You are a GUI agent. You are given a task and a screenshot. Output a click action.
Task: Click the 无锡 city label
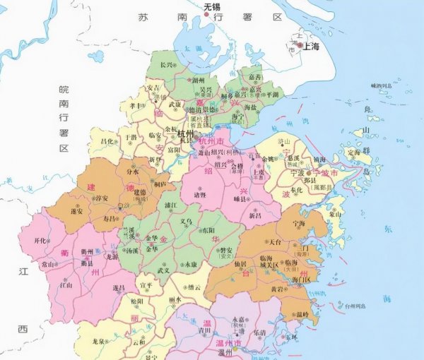click(x=212, y=7)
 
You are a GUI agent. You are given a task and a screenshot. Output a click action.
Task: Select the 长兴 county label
click(x=167, y=65)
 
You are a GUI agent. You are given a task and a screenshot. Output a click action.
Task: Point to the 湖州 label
click(x=199, y=80)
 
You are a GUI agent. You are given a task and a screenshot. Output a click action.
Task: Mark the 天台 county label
click(x=276, y=241)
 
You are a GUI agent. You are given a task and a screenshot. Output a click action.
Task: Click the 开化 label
click(x=42, y=240)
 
